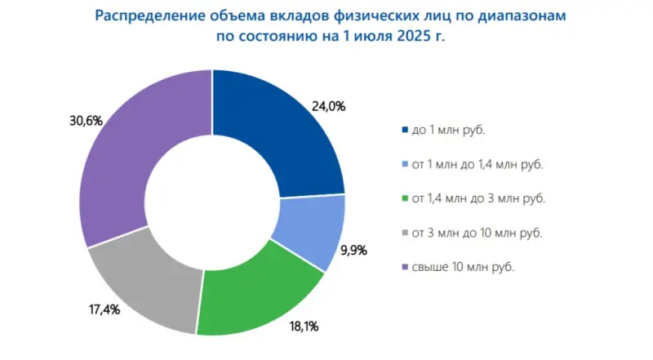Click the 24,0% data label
pyautogui.click(x=327, y=105)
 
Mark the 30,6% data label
pyautogui.click(x=87, y=121)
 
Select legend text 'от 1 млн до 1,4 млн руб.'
pyautogui.click(x=478, y=164)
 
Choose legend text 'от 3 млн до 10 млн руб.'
pyautogui.click(x=478, y=233)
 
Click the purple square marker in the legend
pyautogui.click(x=406, y=268)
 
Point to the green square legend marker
pyautogui.click(x=406, y=198)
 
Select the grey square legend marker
pyautogui.click(x=406, y=233)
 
